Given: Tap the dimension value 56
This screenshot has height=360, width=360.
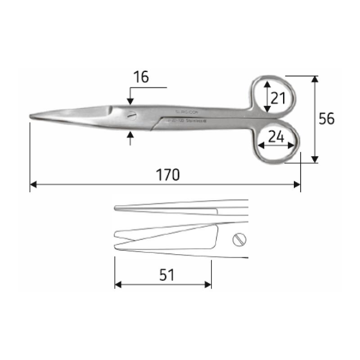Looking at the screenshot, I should tap(326, 119).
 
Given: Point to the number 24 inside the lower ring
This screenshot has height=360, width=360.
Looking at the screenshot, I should tap(276, 137).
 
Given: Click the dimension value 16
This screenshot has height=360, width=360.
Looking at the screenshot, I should tap(141, 77).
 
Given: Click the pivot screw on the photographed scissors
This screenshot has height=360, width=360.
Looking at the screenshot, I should tap(131, 115).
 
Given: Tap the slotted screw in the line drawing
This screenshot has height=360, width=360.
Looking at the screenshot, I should tap(240, 240).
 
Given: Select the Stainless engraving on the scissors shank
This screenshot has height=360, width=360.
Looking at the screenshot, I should tap(195, 121).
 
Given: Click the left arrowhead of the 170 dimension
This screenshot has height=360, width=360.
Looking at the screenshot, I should tap(33, 184).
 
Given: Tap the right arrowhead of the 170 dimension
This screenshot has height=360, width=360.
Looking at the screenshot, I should tap(297, 184).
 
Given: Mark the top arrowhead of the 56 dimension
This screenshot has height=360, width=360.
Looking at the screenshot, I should tap(315, 79).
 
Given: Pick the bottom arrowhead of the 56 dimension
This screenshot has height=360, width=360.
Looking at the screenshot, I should tap(315, 159).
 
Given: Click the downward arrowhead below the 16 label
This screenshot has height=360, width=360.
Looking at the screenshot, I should tap(130, 103).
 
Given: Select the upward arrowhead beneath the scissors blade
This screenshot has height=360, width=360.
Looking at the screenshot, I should tap(130, 134).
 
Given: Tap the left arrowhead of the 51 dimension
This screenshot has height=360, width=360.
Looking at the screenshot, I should tap(118, 284).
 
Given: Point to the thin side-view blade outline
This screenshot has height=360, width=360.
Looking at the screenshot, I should tap(180, 208).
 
